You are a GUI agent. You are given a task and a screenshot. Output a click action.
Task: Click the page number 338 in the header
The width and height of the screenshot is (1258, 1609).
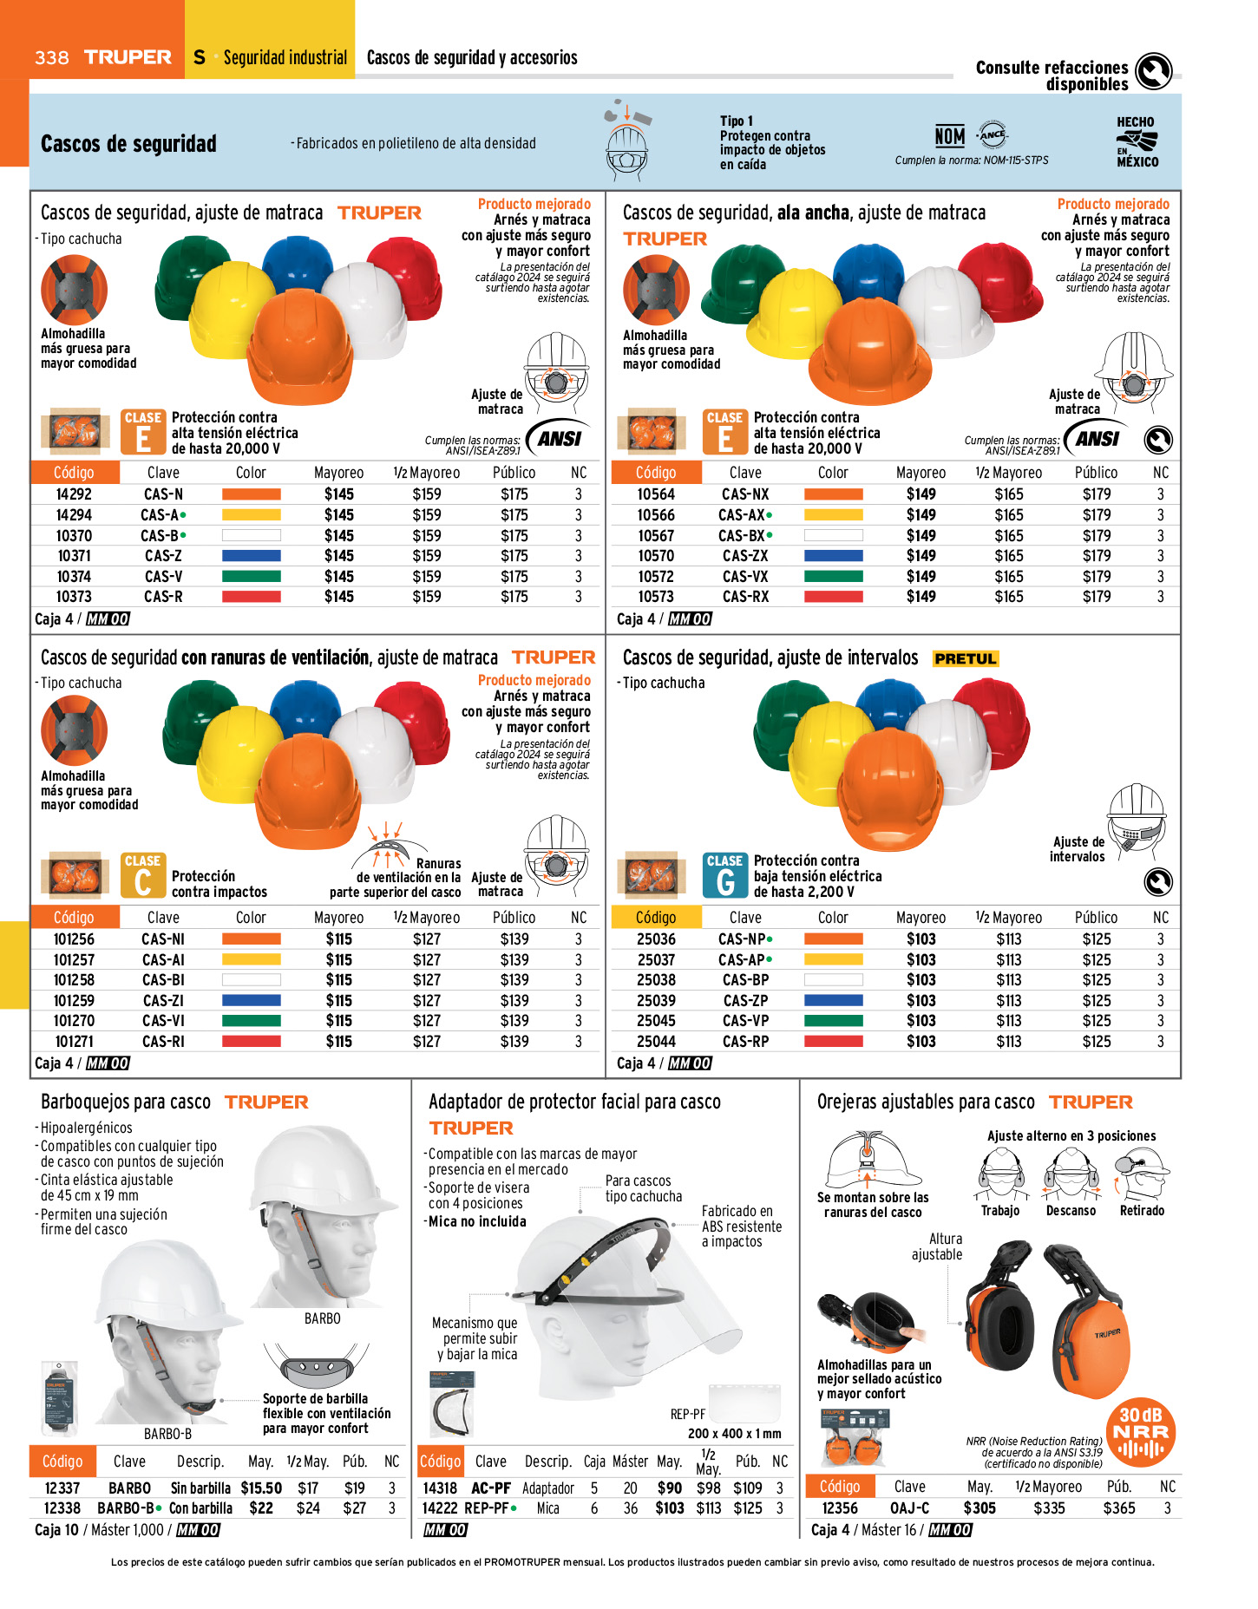(x=51, y=58)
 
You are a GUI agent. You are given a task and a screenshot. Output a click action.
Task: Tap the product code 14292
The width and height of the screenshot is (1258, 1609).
(x=74, y=494)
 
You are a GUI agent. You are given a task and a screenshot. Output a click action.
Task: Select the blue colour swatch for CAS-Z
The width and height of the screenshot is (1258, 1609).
(x=251, y=556)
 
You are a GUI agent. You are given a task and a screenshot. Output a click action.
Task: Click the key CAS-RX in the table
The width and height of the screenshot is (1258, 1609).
(x=745, y=597)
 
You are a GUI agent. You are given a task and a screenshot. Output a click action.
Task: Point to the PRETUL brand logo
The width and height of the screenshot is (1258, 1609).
(x=966, y=659)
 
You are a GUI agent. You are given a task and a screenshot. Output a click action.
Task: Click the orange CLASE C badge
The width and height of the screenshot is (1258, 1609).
(x=142, y=875)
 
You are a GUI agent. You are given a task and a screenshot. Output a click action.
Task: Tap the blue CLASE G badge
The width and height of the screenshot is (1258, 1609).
(x=724, y=875)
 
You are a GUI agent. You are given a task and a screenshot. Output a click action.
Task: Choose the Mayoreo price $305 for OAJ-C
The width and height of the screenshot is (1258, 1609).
(x=980, y=1508)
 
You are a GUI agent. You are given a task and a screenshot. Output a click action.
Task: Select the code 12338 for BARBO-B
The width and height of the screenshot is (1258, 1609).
(x=62, y=1508)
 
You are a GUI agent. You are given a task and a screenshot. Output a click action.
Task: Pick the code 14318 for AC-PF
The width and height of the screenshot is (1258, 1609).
(x=440, y=1488)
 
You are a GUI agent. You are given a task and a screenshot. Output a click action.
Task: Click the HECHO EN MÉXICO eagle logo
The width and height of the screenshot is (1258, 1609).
(x=1137, y=142)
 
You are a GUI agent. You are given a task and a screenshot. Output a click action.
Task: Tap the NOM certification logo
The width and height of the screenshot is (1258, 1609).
(x=950, y=136)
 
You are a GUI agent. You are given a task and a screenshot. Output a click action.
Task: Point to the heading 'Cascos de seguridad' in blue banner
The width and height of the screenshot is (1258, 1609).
(x=128, y=144)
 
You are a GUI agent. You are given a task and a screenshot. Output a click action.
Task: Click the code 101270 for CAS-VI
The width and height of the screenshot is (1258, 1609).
(x=74, y=1021)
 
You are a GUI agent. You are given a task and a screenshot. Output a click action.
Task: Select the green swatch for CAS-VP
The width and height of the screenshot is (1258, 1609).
(x=833, y=1021)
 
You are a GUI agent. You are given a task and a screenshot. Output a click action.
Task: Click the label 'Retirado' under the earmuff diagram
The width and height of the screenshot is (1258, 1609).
(x=1142, y=1211)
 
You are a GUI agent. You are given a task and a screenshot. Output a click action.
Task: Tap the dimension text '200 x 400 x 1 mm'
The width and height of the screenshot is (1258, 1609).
(x=734, y=1434)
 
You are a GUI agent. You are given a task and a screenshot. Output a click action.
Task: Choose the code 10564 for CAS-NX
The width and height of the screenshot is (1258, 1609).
(x=656, y=494)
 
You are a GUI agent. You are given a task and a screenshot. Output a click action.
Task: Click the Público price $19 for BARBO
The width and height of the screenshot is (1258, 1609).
(x=355, y=1488)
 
